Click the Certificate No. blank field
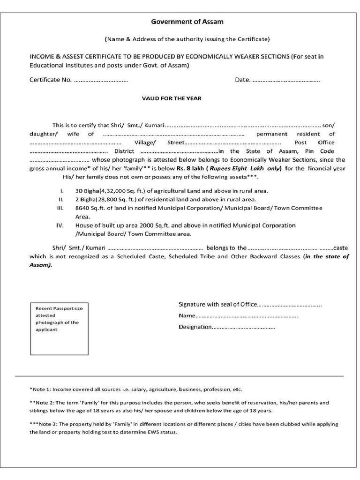click(x=101, y=80)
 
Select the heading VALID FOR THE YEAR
click(x=172, y=98)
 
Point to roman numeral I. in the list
click(x=61, y=191)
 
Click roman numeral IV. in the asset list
click(x=60, y=225)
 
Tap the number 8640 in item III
click(x=82, y=208)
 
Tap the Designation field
click(x=244, y=327)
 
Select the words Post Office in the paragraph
click(x=315, y=142)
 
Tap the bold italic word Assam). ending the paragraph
click(x=41, y=265)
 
